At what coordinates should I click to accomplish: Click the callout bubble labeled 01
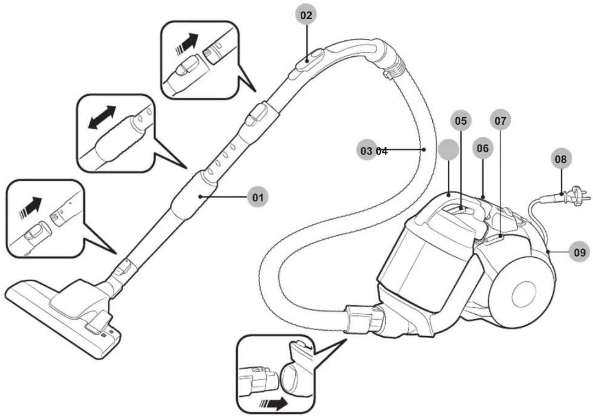coord(258,197)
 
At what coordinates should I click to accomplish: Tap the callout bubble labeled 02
coord(306,15)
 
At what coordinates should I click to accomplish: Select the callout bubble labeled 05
coord(461,121)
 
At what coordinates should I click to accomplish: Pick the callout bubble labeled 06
coord(483,148)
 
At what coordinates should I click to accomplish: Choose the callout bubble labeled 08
coord(561,159)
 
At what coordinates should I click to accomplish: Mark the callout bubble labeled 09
coord(580,252)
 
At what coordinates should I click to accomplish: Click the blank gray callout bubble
coord(448,150)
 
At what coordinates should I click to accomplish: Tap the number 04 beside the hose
coord(382,151)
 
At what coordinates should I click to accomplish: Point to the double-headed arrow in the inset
coord(102,117)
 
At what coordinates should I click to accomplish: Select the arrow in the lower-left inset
coord(31,208)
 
